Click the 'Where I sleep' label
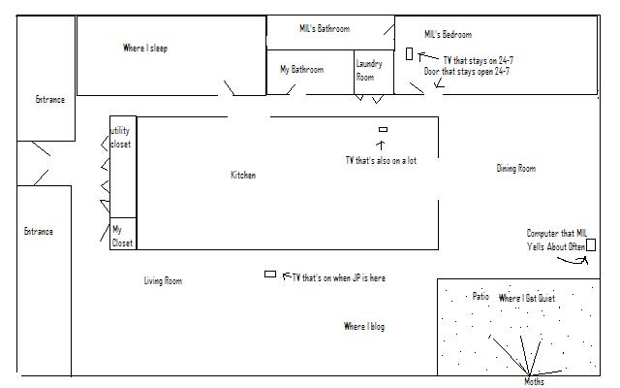145,48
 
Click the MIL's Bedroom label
449,35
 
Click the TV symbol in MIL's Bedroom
409,54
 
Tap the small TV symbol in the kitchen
383,129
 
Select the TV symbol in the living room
270,275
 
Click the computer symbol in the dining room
591,244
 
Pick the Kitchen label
243,176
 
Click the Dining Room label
515,169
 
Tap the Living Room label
163,281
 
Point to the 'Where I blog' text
364,327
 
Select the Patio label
480,297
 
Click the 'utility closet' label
121,137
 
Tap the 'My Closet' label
121,236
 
